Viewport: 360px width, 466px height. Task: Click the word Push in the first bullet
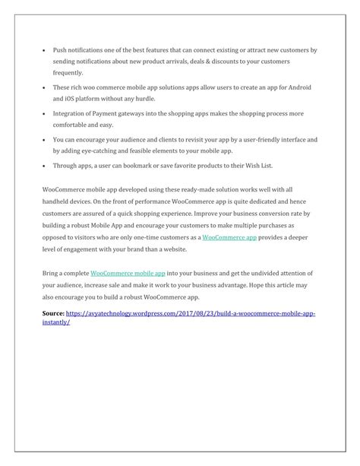pos(61,49)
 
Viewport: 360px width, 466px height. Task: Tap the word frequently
pos(68,73)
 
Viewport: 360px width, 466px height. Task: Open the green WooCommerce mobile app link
pos(128,272)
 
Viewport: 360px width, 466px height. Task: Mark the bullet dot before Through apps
pos(44,167)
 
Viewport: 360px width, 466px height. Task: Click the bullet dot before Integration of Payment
pos(44,114)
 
